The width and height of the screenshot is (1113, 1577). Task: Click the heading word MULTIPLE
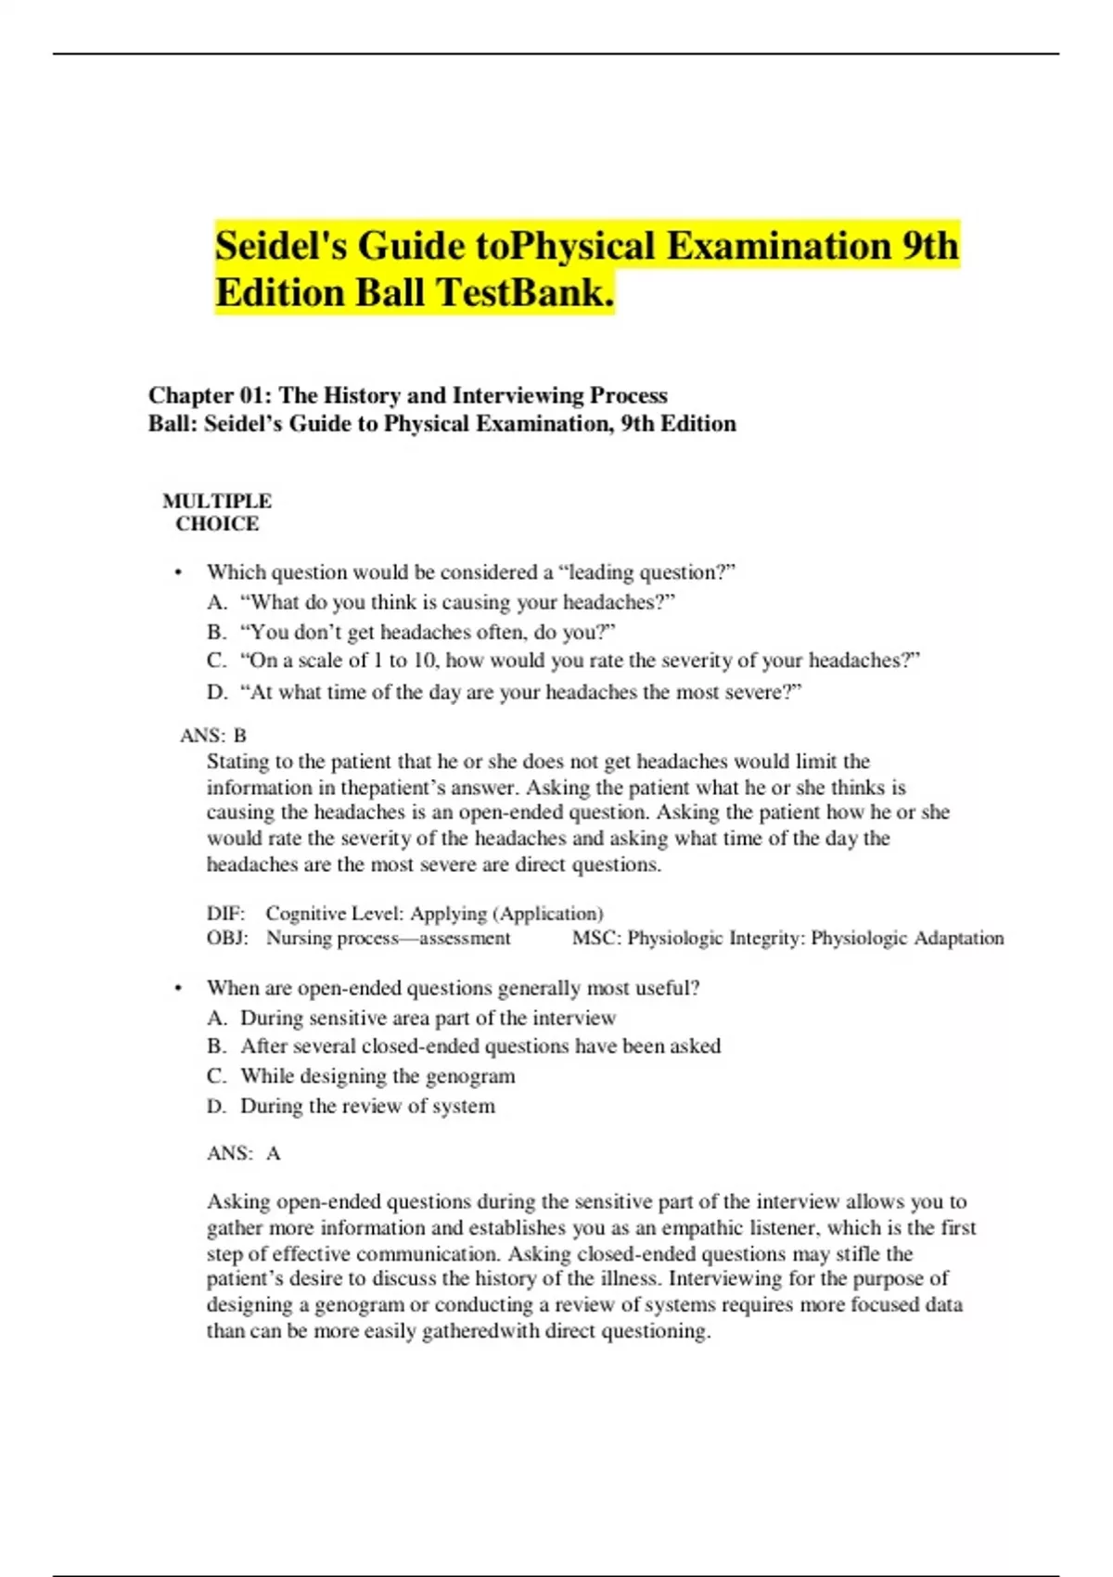pyautogui.click(x=217, y=501)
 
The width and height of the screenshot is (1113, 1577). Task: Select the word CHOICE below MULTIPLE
pyautogui.click(x=217, y=524)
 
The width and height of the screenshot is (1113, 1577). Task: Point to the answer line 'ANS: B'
pyautogui.click(x=213, y=736)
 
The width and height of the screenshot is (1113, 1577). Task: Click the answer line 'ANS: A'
pyautogui.click(x=243, y=1153)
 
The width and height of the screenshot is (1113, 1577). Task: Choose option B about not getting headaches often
pyautogui.click(x=427, y=632)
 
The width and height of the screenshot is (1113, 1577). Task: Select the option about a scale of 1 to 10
pyautogui.click(x=579, y=660)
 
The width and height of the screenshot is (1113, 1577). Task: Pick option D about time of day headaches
pyautogui.click(x=519, y=692)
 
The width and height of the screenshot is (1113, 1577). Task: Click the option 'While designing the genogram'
pyautogui.click(x=377, y=1076)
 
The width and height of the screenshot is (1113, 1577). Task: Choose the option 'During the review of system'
pyautogui.click(x=367, y=1106)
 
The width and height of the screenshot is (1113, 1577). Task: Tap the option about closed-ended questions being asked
pyautogui.click(x=480, y=1046)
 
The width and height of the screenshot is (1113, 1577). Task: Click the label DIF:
pyautogui.click(x=225, y=914)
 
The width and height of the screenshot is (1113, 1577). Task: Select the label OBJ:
pyautogui.click(x=227, y=938)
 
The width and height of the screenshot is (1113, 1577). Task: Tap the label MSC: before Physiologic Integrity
pyautogui.click(x=596, y=938)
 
